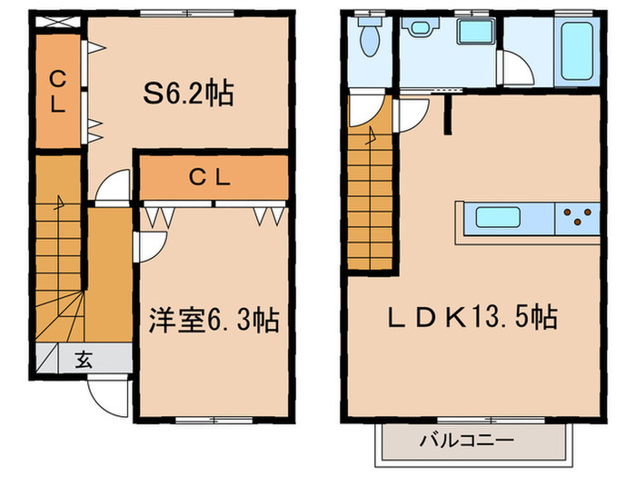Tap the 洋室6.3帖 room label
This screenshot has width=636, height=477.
pyautogui.click(x=214, y=320)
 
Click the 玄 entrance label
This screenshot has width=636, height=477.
pyautogui.click(x=83, y=359)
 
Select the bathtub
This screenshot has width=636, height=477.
pyautogui.click(x=578, y=49)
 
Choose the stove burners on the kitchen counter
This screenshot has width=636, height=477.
pyautogui.click(x=578, y=218)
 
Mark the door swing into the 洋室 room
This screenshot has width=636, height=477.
pyautogui.click(x=151, y=246)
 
